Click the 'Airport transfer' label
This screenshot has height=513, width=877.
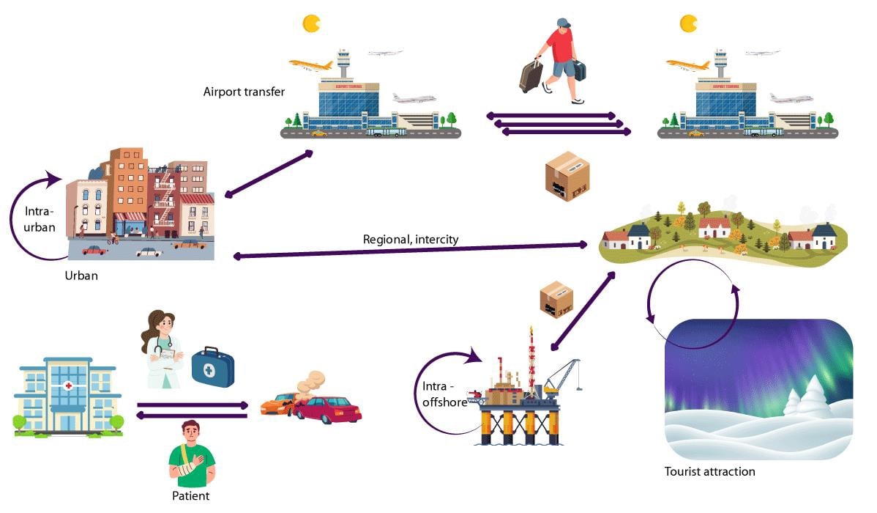(x=244, y=92)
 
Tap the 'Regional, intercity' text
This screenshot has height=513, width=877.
(x=411, y=240)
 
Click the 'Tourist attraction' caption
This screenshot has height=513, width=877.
(x=709, y=471)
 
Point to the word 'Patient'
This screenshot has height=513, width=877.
(x=190, y=496)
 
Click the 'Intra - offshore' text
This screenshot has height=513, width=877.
(x=444, y=394)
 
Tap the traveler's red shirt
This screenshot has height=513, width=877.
(x=561, y=48)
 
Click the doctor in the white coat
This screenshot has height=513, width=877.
(x=162, y=352)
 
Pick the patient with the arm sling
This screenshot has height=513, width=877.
(x=191, y=454)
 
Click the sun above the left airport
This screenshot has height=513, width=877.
(x=312, y=23)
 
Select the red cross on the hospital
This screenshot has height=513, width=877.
(x=68, y=385)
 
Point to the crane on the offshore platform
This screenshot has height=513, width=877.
(x=562, y=374)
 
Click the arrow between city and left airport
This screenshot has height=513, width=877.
(x=269, y=174)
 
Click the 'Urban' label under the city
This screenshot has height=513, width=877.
(x=81, y=276)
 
